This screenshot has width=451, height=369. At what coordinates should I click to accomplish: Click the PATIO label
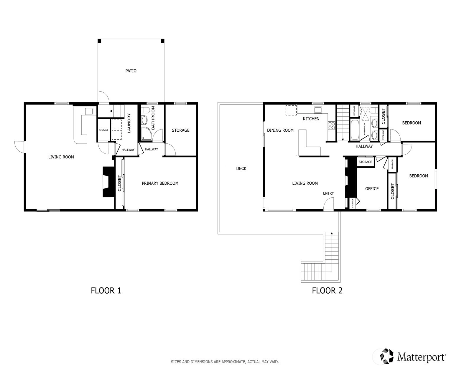tap(131, 71)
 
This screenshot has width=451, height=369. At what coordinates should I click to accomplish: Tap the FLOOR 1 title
tap(106, 291)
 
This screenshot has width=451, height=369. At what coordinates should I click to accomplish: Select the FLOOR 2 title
tap(327, 291)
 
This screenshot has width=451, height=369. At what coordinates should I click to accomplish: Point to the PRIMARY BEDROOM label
tap(160, 183)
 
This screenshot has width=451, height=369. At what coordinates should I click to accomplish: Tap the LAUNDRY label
tap(129, 123)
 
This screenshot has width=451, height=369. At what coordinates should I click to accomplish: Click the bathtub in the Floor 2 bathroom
tap(355, 130)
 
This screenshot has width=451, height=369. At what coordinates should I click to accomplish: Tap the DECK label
tap(241, 168)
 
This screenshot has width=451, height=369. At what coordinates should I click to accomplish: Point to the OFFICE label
tap(372, 189)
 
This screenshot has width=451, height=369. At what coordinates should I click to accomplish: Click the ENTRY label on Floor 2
tap(328, 193)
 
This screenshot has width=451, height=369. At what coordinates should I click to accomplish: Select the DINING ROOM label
tap(280, 130)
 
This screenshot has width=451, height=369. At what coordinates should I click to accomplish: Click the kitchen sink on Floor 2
tap(318, 110)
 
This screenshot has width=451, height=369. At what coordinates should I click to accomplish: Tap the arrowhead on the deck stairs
tap(332, 233)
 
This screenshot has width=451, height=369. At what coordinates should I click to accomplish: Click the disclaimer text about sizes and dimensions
tap(225, 362)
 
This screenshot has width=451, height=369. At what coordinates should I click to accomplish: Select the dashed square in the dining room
tap(291, 110)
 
